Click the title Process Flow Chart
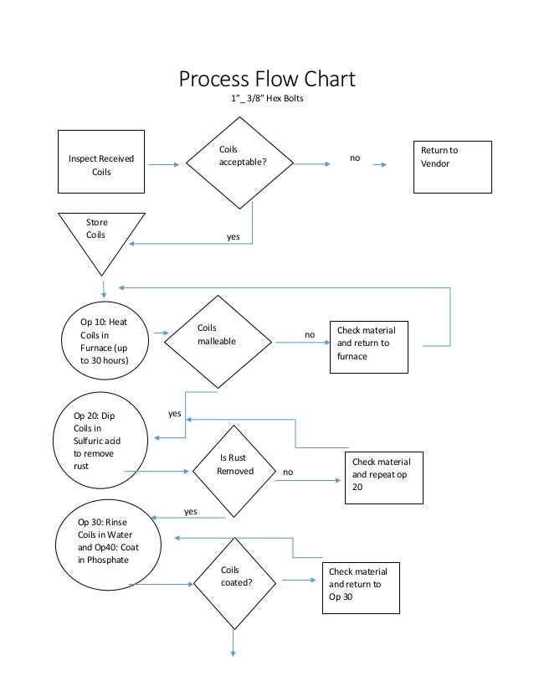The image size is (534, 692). point(267,80)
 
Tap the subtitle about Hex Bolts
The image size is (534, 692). point(267,98)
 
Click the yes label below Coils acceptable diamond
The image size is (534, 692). point(234,236)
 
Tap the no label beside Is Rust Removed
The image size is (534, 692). point(288,472)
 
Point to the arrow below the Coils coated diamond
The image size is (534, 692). point(233,643)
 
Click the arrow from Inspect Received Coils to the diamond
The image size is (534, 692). point(163,164)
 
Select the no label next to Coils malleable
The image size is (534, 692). point(310,334)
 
